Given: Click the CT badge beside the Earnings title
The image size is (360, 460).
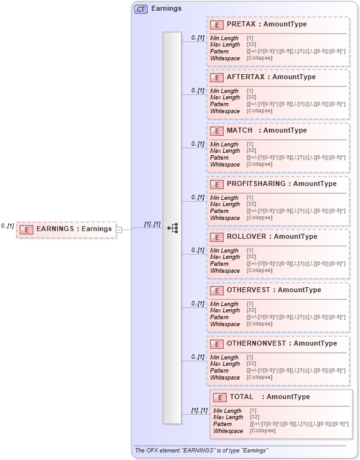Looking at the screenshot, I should [141, 9].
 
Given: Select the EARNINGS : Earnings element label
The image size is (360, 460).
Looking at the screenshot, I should [74, 229].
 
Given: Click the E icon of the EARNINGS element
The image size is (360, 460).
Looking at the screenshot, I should [26, 229].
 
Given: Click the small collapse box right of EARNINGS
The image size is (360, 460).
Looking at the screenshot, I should [118, 229].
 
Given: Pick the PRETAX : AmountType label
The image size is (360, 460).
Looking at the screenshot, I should [266, 24].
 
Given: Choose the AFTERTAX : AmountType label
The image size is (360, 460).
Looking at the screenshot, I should [271, 77].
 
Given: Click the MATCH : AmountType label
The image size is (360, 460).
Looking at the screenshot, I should [266, 130].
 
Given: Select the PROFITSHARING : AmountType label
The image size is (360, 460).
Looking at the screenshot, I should [281, 183].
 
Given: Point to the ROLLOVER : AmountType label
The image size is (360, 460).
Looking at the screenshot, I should [271, 236].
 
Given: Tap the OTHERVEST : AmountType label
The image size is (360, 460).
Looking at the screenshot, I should [273, 290].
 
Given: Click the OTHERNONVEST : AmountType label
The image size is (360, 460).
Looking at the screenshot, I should [281, 343].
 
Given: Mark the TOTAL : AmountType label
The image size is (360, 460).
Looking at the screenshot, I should [270, 397].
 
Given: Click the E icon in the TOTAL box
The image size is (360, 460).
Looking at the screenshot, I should [219, 397].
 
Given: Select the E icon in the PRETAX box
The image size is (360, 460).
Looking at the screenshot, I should [216, 25].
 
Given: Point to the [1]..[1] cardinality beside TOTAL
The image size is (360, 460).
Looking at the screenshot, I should [199, 410].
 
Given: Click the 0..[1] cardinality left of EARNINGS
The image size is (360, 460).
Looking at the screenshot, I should [8, 226].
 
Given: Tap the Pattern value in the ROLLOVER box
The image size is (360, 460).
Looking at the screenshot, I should [296, 264].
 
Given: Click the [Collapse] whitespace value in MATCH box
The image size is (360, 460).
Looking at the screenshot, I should [259, 165].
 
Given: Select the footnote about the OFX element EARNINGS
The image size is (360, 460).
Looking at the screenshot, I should [201, 451].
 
